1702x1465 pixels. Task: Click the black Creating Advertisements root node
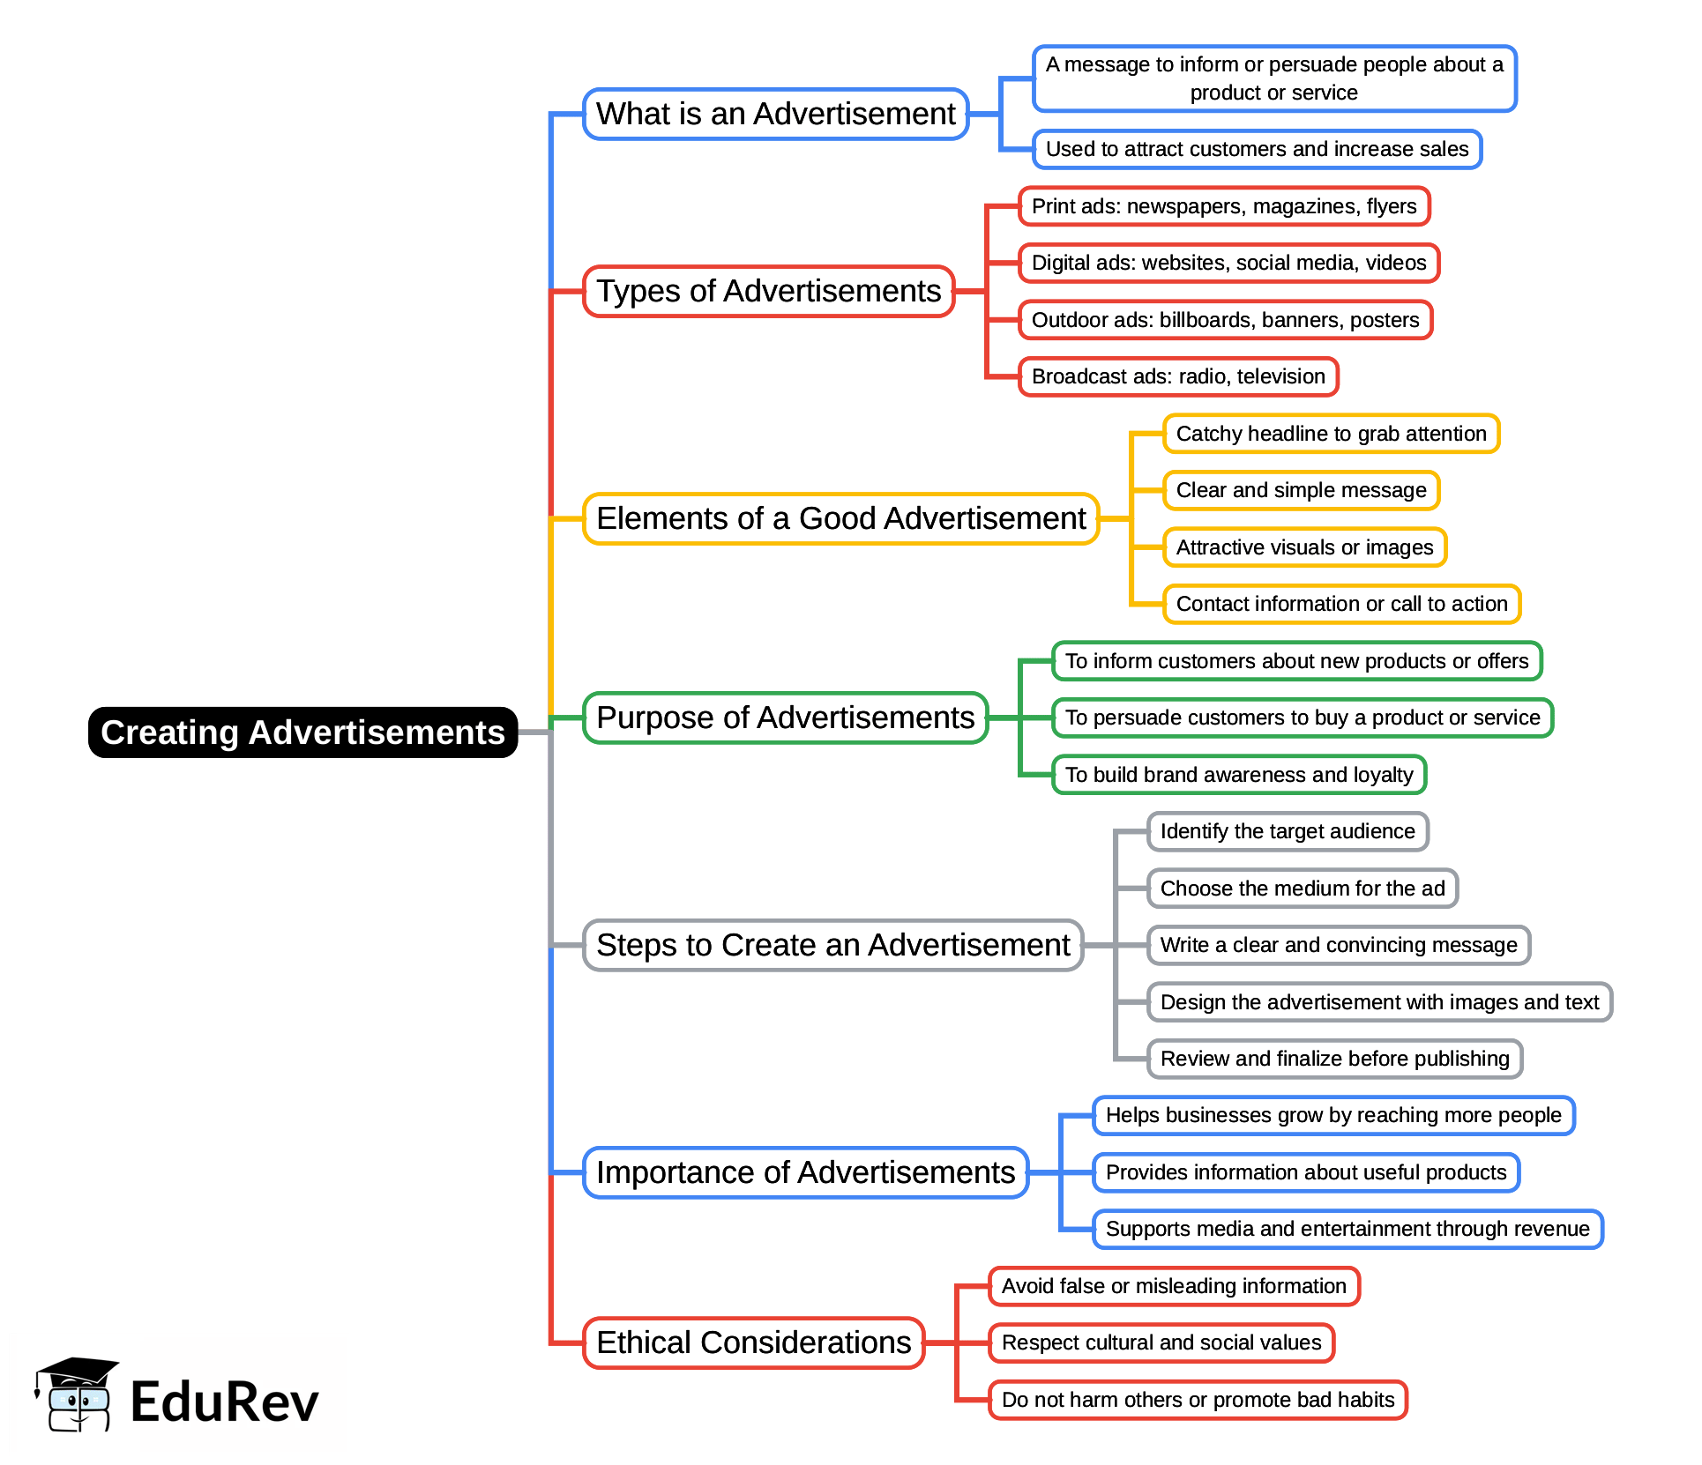(302, 732)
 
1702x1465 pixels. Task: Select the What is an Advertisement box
(775, 114)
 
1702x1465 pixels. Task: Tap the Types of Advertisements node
(768, 291)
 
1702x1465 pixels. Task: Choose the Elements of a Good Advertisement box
(840, 518)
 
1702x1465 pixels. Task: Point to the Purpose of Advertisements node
(785, 718)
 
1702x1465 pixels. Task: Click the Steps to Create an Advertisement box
(832, 945)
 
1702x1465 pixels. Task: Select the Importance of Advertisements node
(805, 1172)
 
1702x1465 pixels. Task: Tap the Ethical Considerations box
(753, 1342)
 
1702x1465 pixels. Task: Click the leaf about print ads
(1223, 206)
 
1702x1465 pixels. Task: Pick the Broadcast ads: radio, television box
(1177, 376)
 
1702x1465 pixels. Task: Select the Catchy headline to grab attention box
(1330, 434)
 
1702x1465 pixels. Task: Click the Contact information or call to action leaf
(1340, 604)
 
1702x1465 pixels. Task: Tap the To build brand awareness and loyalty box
(1238, 775)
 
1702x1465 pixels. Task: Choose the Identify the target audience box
(1287, 831)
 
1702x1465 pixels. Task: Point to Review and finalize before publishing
(1333, 1059)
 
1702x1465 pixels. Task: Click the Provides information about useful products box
(1305, 1172)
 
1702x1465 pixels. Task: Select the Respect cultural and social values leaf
(1161, 1342)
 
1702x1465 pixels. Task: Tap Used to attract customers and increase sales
(1256, 149)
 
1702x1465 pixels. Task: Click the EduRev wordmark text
(224, 1402)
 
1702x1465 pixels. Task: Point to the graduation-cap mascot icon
(76, 1394)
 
